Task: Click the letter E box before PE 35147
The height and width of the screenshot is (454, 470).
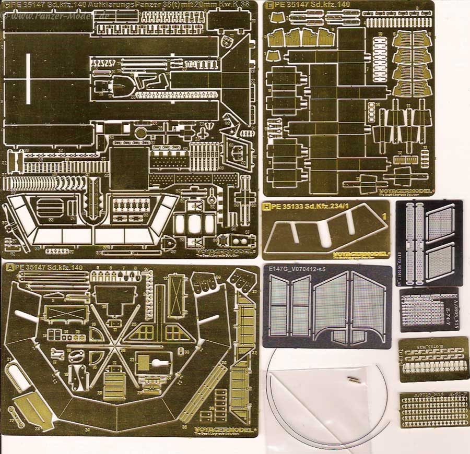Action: click(x=269, y=5)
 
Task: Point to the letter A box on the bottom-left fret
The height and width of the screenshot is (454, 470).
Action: click(x=9, y=267)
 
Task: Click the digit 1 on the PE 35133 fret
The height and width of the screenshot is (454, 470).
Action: click(x=384, y=216)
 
